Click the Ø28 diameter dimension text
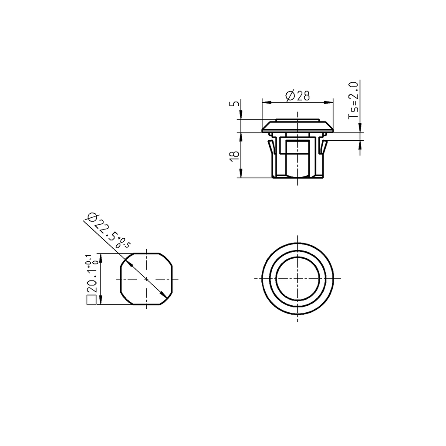click(298, 96)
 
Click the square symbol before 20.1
click(91, 300)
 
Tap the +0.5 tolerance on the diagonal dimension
click(124, 242)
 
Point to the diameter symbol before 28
click(290, 96)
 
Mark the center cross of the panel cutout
click(146, 279)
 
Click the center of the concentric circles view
click(298, 279)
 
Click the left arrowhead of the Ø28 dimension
click(265, 102)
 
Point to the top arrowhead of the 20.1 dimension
click(101, 257)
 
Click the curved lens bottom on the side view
click(298, 175)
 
